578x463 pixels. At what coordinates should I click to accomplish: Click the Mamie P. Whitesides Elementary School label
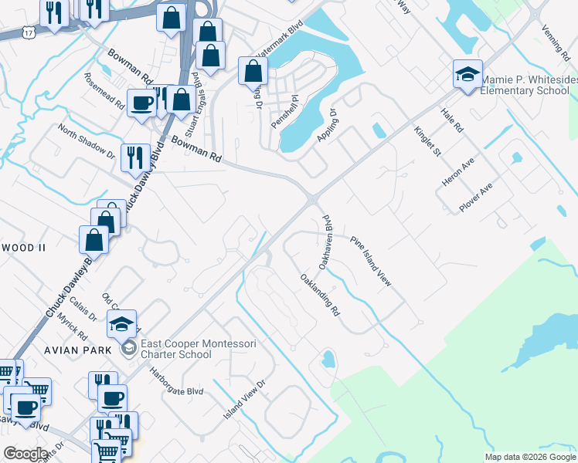pos(528,85)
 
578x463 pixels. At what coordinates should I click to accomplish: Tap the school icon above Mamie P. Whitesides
pos(467,75)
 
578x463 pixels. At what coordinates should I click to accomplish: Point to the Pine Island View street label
pos(372,262)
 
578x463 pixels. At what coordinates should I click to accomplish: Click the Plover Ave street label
pos(476,198)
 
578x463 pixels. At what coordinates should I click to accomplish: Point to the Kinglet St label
pos(427,141)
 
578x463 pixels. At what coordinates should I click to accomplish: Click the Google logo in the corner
pos(25,454)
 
